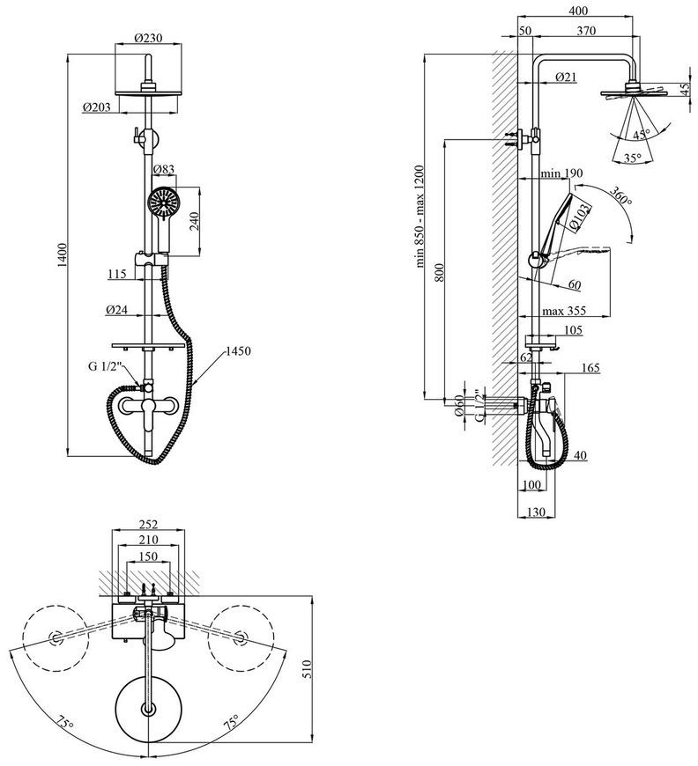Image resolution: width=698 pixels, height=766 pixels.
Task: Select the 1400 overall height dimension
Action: pyautogui.click(x=62, y=254)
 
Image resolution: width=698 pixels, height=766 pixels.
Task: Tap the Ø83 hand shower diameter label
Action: pyautogui.click(x=163, y=170)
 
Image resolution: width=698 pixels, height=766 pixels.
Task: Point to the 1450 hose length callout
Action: pyautogui.click(x=238, y=350)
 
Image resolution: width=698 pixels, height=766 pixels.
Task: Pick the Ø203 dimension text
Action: pyautogui.click(x=96, y=107)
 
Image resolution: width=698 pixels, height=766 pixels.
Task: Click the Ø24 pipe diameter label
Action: pyautogui.click(x=116, y=309)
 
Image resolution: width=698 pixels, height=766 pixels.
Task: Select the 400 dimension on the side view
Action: pyautogui.click(x=579, y=11)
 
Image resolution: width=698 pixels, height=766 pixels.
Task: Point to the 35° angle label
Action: pyautogui.click(x=632, y=158)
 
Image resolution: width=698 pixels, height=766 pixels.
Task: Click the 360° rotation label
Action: pyautogui.click(x=620, y=195)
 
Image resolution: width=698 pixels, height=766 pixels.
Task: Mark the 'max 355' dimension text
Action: pyautogui.click(x=563, y=310)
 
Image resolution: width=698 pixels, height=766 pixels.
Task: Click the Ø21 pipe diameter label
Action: pyautogui.click(x=566, y=77)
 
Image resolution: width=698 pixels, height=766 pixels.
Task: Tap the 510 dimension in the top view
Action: pyautogui.click(x=307, y=669)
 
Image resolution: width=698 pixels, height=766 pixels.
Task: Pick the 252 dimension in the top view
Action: pyautogui.click(x=148, y=524)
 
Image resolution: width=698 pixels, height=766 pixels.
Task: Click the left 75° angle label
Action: pyautogui.click(x=64, y=724)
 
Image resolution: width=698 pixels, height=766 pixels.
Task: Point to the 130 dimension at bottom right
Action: pyautogui.click(x=536, y=512)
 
